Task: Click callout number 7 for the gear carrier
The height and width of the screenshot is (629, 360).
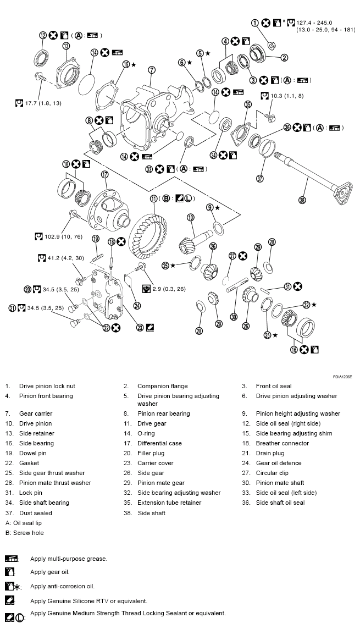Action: coord(152,70)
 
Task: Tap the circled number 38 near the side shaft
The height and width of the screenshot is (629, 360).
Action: coord(302,200)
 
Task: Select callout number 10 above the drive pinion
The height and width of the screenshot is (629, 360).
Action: coord(190,217)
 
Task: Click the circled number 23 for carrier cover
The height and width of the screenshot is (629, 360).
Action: coord(140,327)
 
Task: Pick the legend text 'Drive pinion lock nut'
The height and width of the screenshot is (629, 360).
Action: coord(47,386)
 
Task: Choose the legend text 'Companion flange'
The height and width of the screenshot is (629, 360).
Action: coord(162,386)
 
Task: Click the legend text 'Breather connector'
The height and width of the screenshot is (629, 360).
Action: coord(282,443)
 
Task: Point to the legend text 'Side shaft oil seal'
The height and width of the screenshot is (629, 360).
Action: coord(280,503)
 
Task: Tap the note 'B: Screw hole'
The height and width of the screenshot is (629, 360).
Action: coord(25,533)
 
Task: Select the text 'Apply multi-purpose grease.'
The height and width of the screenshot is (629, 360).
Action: coord(69,559)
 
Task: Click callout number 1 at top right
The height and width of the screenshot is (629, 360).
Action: coord(255,23)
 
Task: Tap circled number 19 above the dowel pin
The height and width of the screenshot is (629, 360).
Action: coord(95,239)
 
